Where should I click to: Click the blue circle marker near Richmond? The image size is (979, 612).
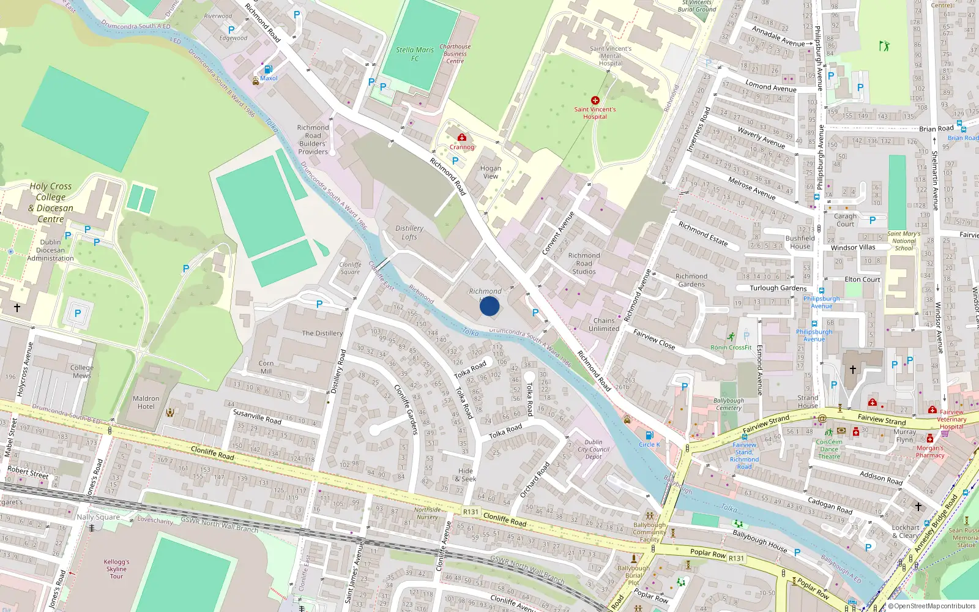click(x=489, y=305)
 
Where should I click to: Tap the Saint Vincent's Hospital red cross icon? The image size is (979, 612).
click(x=595, y=100)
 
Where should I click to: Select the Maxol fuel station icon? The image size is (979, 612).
click(x=268, y=69)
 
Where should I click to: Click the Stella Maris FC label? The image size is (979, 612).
click(x=415, y=54)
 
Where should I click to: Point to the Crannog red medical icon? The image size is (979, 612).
click(x=462, y=137)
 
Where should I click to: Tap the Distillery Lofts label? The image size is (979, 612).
click(x=409, y=233)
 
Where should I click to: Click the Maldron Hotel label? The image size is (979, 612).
click(x=146, y=402)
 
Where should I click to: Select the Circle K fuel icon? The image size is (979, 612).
click(x=649, y=436)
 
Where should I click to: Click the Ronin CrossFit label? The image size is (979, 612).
click(x=731, y=347)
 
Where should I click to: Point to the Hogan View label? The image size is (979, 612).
click(x=491, y=172)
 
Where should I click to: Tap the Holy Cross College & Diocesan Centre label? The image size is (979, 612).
click(x=51, y=203)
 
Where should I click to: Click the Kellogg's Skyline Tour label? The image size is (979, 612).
click(x=116, y=569)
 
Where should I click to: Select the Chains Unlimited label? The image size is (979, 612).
click(x=604, y=324)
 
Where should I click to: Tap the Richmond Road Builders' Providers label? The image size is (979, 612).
click(x=313, y=140)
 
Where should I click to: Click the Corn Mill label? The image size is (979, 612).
click(x=266, y=367)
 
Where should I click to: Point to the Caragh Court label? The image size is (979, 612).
click(x=845, y=220)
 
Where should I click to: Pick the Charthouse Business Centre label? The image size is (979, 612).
click(x=455, y=54)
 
